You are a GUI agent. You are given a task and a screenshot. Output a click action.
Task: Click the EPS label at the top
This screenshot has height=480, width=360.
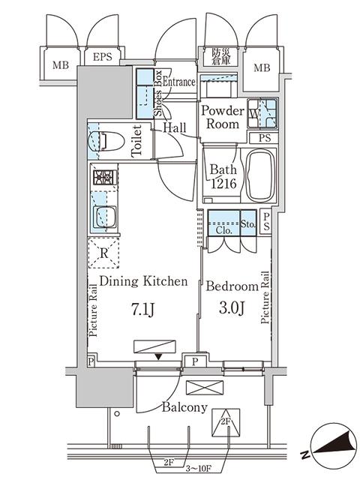pyautogui.click(x=103, y=57)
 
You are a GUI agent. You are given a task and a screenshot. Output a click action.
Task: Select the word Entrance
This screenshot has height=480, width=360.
pyautogui.click(x=179, y=82)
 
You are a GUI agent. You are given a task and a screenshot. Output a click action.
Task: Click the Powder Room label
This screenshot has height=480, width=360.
pyautogui.click(x=222, y=118)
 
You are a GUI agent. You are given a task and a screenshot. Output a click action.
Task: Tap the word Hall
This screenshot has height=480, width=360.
pyautogui.click(x=175, y=129)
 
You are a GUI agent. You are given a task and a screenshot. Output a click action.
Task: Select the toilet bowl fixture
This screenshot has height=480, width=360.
pyautogui.click(x=101, y=139)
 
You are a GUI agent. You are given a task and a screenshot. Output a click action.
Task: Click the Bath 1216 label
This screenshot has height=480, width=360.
pyautogui.click(x=223, y=175)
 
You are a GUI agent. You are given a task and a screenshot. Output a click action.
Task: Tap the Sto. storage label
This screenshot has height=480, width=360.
pyautogui.click(x=248, y=224)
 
